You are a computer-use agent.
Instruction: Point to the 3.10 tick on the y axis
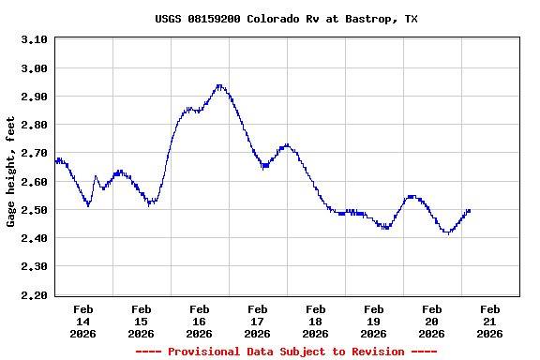34,39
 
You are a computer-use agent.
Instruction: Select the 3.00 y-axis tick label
34,68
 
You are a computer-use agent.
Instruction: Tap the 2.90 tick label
34,97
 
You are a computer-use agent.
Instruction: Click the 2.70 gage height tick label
34,153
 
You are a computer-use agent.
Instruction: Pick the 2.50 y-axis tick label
34,210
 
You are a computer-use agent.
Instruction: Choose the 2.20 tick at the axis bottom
34,295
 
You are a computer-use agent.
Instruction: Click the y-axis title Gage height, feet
11,172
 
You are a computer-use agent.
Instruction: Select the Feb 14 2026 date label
82,321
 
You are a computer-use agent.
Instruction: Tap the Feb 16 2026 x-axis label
199,321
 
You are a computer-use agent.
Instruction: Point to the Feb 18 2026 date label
315,321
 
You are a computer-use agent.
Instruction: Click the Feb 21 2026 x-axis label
489,321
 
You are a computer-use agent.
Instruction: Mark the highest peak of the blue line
219,85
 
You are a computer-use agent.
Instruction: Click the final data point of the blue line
469,210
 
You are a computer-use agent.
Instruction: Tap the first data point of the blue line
56,161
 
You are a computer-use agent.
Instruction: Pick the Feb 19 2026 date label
373,321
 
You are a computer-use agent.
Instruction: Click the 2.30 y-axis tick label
34,266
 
